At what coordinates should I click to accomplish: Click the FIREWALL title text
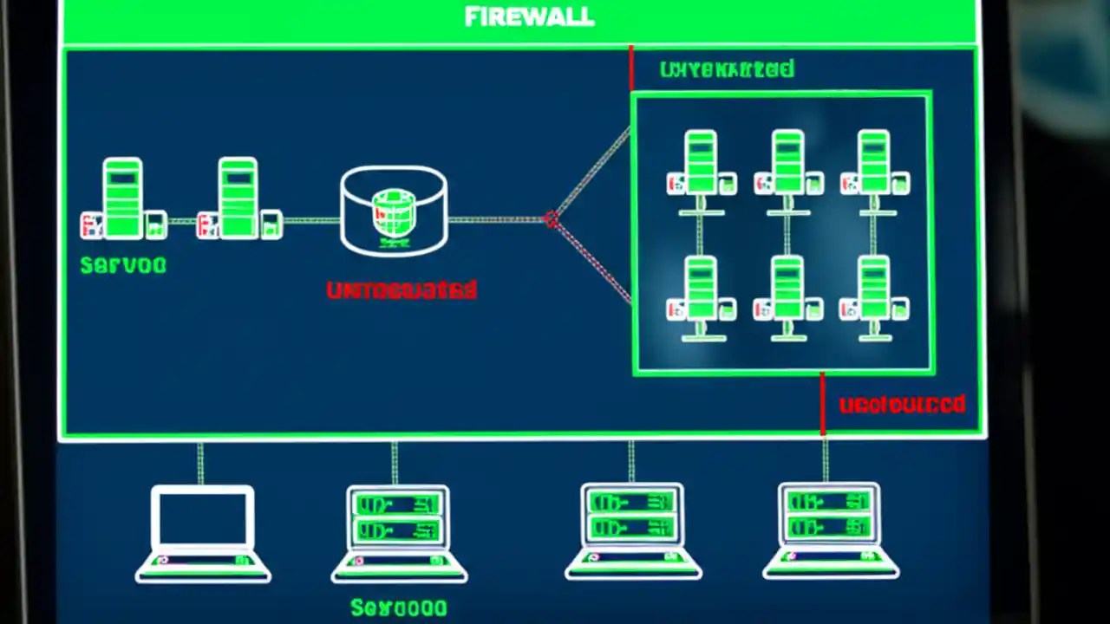tap(529, 17)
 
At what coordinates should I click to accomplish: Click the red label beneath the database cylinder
tap(402, 290)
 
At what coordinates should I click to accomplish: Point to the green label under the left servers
tap(122, 265)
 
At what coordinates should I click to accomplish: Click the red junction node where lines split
tap(551, 219)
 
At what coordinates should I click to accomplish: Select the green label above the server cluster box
tap(726, 69)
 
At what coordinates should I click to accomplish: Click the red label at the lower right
tap(902, 405)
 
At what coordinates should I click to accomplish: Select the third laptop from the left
tap(632, 530)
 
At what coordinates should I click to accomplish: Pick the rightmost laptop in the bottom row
tap(830, 530)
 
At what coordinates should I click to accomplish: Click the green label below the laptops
tap(399, 608)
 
